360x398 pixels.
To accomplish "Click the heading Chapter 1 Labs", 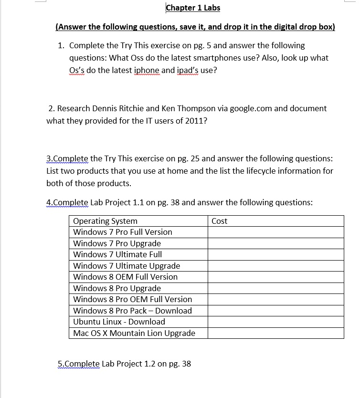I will [193, 8].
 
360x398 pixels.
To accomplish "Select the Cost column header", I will [220, 221].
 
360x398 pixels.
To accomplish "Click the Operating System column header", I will [105, 221].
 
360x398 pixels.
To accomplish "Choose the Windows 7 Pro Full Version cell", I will [123, 232].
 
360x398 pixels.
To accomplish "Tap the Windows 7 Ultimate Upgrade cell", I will [127, 266].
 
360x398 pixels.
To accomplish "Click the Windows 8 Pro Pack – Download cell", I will [132, 311].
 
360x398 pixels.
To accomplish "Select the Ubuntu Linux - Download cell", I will [119, 322].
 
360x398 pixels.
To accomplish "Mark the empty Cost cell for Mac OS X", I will [275, 333].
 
